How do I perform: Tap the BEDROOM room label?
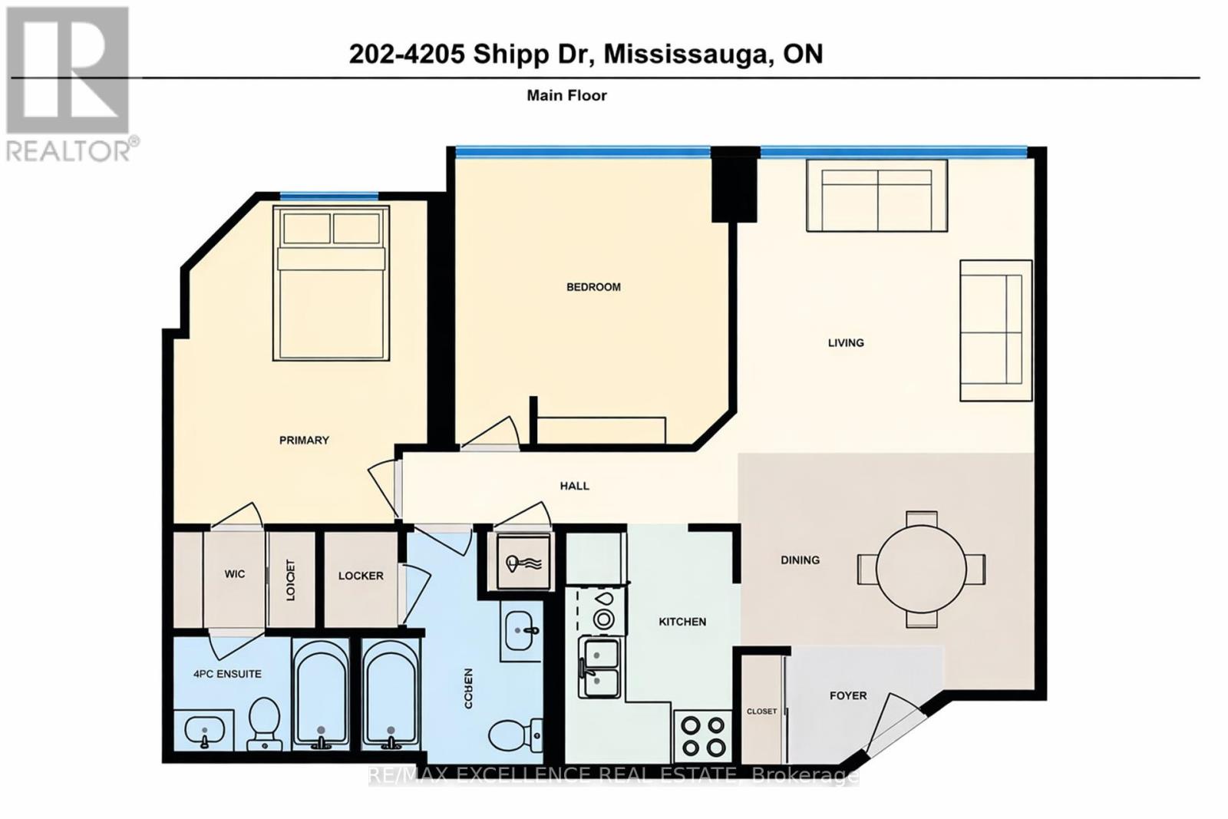click(593, 287)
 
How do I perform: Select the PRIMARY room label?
click(304, 440)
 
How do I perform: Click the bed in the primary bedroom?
click(331, 284)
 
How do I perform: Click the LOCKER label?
click(361, 576)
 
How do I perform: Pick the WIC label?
click(235, 574)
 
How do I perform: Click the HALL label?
click(574, 486)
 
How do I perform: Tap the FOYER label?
click(848, 695)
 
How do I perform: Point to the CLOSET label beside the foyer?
click(761, 712)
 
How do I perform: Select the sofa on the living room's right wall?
click(995, 330)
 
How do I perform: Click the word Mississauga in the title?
click(687, 54)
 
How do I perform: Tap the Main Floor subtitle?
click(566, 95)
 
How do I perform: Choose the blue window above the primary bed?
click(328, 196)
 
